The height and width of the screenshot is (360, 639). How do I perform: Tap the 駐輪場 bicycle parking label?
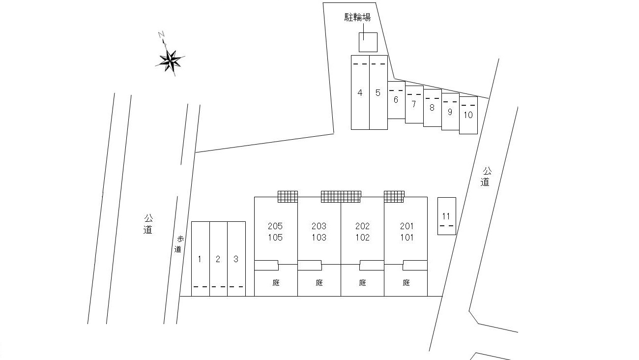pyautogui.click(x=357, y=18)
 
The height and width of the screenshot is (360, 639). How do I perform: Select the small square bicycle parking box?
pyautogui.click(x=368, y=42)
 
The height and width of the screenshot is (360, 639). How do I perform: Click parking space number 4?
pyautogui.click(x=360, y=92)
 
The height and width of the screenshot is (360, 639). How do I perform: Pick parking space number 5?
pyautogui.click(x=378, y=92)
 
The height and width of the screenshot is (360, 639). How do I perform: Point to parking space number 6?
pyautogui.click(x=396, y=100)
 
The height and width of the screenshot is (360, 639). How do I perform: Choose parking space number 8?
pyautogui.click(x=432, y=108)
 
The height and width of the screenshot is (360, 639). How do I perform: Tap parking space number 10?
pyautogui.click(x=468, y=115)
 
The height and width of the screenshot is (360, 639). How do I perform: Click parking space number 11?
pyautogui.click(x=447, y=216)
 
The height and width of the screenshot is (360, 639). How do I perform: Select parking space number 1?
pyautogui.click(x=201, y=259)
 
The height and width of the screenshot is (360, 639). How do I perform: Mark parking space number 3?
pyautogui.click(x=236, y=259)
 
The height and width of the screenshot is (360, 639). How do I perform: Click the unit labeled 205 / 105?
pyautogui.click(x=276, y=231)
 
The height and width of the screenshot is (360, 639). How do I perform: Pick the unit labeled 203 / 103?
pyautogui.click(x=319, y=231)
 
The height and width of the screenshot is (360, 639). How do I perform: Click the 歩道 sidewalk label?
pyautogui.click(x=179, y=244)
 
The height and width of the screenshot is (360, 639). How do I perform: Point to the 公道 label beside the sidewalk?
pyautogui.click(x=148, y=224)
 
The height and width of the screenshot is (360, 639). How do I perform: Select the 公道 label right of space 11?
pyautogui.click(x=486, y=177)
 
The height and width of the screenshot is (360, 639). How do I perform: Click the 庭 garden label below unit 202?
pyautogui.click(x=362, y=283)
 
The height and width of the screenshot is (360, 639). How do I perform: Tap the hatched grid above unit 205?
pyautogui.click(x=288, y=197)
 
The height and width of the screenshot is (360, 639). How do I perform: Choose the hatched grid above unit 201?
pyautogui.click(x=394, y=197)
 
